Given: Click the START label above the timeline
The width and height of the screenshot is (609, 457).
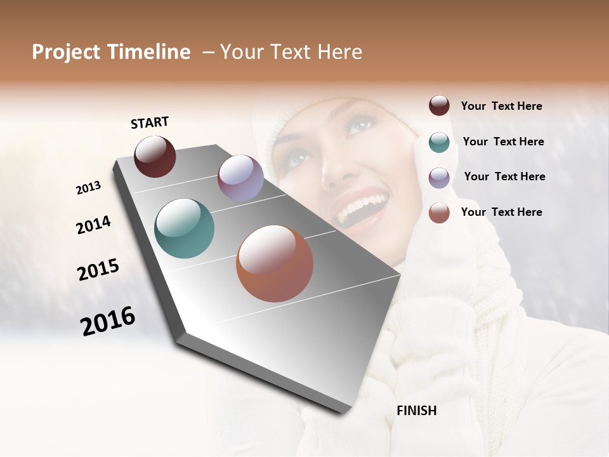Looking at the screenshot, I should [x=150, y=123].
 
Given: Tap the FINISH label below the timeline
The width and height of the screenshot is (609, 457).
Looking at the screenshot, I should [x=416, y=411].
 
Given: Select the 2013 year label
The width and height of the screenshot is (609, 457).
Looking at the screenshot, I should [x=88, y=188].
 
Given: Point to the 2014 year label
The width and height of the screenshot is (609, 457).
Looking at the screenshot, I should [x=93, y=225].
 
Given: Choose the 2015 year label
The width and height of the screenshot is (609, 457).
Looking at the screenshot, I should [x=98, y=270].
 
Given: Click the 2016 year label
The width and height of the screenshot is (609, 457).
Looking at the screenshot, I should [x=108, y=321].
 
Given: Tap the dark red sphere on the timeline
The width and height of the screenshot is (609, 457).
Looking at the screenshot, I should [x=155, y=156].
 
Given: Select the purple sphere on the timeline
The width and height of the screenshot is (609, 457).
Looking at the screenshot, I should [x=240, y=178].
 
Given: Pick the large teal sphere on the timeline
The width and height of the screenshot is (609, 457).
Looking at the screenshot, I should [x=185, y=228].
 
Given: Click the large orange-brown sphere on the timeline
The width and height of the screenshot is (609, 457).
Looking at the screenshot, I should [x=275, y=263].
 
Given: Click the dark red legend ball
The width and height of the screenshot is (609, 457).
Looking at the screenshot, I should [x=439, y=106].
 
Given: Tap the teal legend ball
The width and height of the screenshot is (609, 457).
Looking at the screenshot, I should [x=439, y=142].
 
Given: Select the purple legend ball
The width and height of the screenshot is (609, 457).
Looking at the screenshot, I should [x=439, y=177].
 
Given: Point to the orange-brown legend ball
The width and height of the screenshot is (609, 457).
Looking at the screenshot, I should [x=439, y=213].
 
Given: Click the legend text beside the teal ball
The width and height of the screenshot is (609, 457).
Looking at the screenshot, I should [x=503, y=142].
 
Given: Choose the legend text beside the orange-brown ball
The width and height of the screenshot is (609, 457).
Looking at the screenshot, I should [x=501, y=212].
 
